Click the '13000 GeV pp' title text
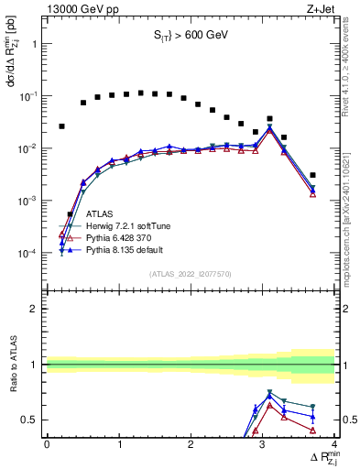coord(80,8)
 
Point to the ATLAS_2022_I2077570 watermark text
coord(190,273)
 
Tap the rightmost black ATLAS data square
coord(312,175)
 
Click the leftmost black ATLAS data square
coord(61,126)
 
